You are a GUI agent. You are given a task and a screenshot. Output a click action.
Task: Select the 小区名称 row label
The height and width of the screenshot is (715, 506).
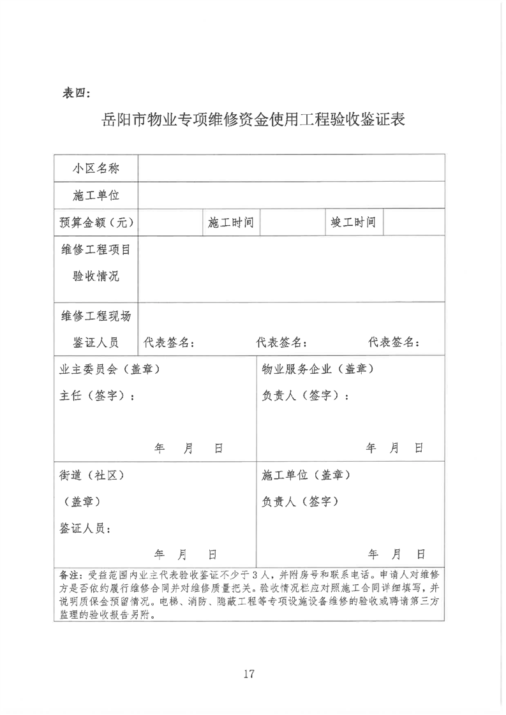point(96,168)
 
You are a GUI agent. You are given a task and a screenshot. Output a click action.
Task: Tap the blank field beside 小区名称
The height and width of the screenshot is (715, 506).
point(292,168)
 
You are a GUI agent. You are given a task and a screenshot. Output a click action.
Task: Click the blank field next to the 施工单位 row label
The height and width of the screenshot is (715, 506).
point(292,195)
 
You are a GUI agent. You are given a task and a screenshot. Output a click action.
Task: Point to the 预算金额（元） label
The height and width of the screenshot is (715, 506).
point(96,223)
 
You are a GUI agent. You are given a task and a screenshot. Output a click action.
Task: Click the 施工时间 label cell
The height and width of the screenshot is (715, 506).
point(231,223)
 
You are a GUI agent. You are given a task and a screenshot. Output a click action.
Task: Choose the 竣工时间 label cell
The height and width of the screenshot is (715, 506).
point(353,223)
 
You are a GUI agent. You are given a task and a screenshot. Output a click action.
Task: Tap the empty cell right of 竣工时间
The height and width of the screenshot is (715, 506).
point(414,223)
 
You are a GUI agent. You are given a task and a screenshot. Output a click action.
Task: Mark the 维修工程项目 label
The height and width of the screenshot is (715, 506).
point(96,249)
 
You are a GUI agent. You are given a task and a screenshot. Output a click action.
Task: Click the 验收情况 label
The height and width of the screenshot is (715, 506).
point(96,276)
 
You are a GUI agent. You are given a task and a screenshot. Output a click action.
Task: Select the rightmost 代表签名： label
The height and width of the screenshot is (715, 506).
point(394,343)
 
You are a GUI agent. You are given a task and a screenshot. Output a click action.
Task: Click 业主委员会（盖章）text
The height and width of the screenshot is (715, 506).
point(109,369)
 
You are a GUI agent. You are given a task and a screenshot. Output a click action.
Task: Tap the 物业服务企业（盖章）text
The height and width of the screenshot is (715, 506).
point(318,369)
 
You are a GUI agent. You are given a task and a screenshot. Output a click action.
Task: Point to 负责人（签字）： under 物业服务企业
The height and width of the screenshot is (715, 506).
point(306,395)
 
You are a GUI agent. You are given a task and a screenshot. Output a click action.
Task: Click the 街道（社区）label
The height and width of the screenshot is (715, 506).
point(91,475)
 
